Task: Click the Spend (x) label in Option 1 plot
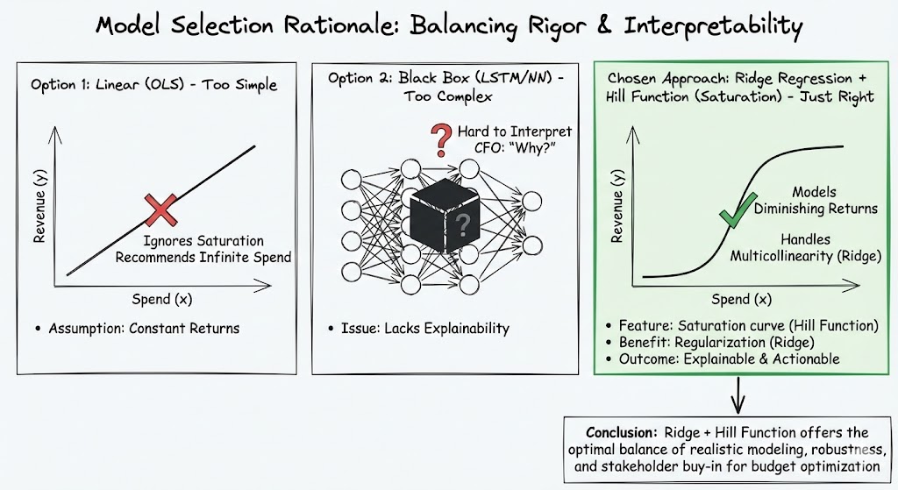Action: (162, 298)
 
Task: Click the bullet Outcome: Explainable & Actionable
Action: (727, 359)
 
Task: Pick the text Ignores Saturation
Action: (202, 240)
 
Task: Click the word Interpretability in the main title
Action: (712, 25)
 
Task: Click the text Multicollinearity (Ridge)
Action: (804, 255)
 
